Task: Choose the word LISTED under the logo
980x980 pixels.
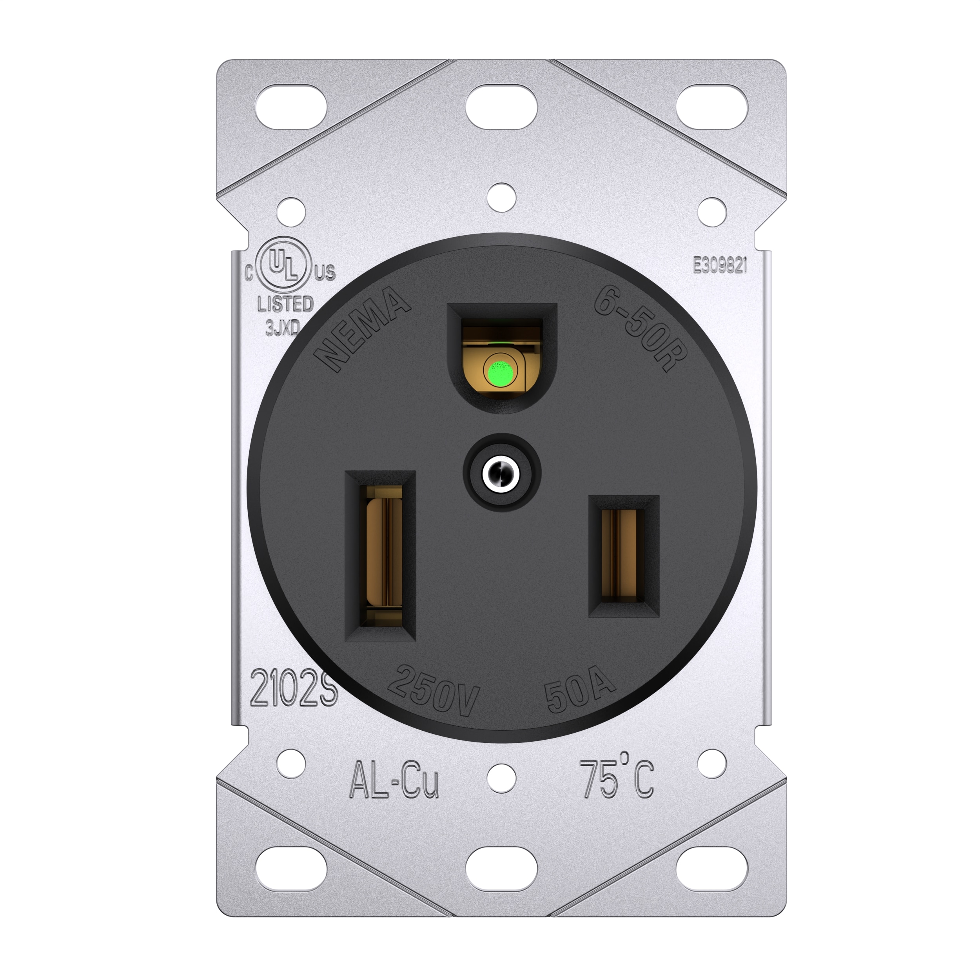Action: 286,304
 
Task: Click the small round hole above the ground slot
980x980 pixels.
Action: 501,197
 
